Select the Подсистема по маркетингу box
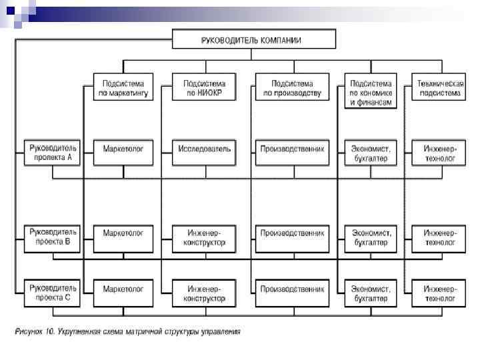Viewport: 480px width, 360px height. click(x=123, y=88)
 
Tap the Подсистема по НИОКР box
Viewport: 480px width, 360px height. click(x=204, y=88)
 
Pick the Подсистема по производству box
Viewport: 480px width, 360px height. click(x=292, y=88)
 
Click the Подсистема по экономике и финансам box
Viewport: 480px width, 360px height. click(x=371, y=93)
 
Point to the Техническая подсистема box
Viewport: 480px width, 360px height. click(x=439, y=88)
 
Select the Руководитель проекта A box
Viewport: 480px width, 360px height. click(x=53, y=153)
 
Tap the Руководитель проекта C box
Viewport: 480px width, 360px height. click(x=53, y=294)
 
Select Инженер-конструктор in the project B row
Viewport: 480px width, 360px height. click(x=204, y=238)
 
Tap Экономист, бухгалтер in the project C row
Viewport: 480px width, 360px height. click(x=371, y=294)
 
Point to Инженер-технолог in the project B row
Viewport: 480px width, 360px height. click(x=439, y=238)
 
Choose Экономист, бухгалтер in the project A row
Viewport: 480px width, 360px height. click(x=371, y=153)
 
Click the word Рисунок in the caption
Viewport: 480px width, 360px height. click(x=31, y=331)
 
